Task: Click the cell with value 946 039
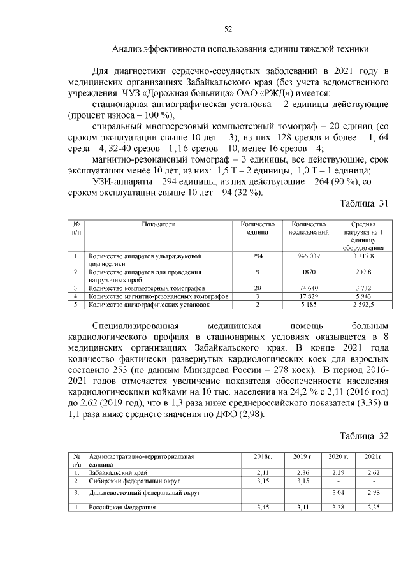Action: (309, 256)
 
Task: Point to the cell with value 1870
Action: (309, 272)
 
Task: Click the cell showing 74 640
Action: (309, 288)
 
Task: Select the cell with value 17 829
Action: (309, 296)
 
